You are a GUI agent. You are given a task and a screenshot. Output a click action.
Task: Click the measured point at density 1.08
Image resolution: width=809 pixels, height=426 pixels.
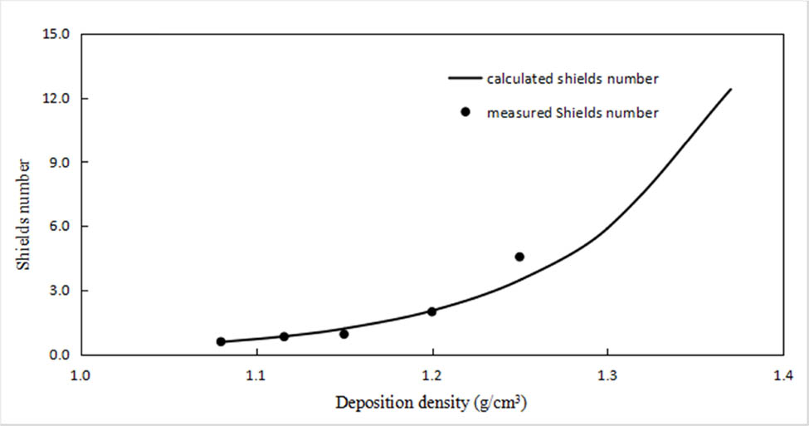[221, 341]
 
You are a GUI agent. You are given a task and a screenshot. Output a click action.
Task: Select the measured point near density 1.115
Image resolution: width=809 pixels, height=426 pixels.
[284, 336]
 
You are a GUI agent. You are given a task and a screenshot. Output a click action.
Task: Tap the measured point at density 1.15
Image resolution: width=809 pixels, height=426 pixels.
[344, 334]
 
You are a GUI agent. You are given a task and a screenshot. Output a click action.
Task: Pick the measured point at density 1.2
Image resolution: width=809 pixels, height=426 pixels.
[431, 311]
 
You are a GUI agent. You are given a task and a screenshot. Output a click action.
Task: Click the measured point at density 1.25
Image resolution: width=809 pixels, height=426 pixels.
[519, 257]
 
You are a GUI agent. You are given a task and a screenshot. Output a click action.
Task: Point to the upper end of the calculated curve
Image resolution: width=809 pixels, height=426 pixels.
[731, 89]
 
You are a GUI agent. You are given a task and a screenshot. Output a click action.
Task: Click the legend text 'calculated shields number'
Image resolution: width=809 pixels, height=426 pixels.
[573, 79]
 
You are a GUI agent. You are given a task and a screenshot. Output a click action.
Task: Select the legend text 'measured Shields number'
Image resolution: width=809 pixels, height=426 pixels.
[573, 112]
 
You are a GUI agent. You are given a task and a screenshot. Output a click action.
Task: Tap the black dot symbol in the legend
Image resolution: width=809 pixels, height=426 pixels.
[465, 112]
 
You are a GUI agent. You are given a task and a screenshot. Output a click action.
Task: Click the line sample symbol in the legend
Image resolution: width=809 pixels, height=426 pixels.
[465, 79]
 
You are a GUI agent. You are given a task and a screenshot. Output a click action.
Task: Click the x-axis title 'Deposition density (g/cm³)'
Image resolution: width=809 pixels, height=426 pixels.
[431, 404]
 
